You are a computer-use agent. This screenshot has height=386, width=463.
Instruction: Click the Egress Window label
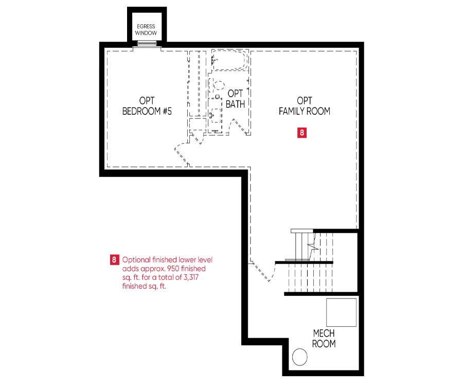click(x=146, y=29)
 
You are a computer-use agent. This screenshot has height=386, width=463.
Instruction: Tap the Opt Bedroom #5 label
click(x=147, y=106)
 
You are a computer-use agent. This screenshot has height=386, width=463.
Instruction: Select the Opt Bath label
click(x=235, y=99)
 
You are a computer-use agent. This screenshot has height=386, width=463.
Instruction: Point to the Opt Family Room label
click(x=305, y=106)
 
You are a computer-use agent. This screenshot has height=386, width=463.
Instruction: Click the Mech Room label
click(x=324, y=339)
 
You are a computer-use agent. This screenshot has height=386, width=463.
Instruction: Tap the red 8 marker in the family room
click(x=302, y=133)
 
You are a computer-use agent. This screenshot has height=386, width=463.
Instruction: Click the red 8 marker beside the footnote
click(x=114, y=260)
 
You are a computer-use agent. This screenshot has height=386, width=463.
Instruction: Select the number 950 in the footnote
click(x=173, y=269)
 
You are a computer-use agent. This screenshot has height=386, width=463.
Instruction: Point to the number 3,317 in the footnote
click(x=191, y=277)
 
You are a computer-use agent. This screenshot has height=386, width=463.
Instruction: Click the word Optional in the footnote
click(x=136, y=260)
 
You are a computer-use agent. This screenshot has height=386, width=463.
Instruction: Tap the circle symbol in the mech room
click(x=300, y=357)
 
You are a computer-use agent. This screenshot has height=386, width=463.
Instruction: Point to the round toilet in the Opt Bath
click(x=219, y=85)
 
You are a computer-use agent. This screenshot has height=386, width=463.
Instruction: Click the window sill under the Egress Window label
click(x=147, y=43)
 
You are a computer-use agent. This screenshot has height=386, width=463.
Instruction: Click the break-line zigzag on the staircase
click(x=313, y=245)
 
